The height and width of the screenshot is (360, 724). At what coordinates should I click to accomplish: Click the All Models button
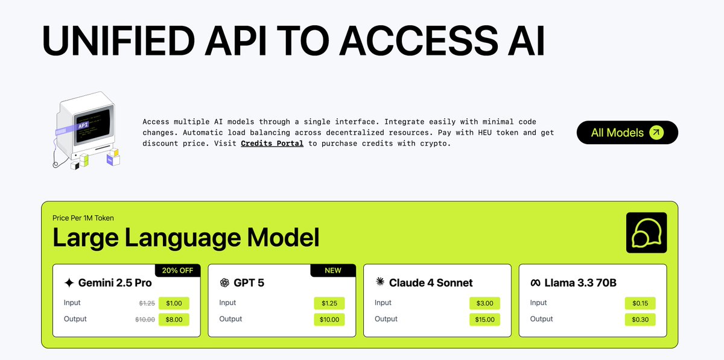tap(627, 133)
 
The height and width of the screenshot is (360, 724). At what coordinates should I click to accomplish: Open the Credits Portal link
tap(272, 144)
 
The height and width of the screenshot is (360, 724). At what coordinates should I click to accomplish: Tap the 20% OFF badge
tap(177, 271)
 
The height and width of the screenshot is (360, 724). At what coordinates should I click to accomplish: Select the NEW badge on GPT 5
tap(333, 271)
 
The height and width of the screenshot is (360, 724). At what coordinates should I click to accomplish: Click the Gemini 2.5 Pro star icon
tap(69, 283)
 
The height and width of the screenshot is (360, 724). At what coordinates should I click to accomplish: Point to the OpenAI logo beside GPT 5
tap(224, 283)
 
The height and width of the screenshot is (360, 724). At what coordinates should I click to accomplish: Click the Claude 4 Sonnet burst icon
tap(379, 282)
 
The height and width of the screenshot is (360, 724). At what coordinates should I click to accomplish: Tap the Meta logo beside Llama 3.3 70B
tap(535, 283)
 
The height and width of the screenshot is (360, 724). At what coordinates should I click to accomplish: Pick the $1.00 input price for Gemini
tap(174, 303)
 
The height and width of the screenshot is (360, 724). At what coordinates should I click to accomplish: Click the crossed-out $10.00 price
tap(145, 320)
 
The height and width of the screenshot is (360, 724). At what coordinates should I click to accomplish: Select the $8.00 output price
tap(174, 320)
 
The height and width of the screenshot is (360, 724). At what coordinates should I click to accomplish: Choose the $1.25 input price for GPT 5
tap(329, 303)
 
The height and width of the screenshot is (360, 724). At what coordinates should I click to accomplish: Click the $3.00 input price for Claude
tap(484, 303)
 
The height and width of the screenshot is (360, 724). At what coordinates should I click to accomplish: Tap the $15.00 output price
tap(484, 320)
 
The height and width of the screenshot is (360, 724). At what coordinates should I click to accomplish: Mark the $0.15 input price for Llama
tap(640, 303)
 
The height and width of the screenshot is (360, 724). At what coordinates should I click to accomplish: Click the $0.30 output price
tap(640, 320)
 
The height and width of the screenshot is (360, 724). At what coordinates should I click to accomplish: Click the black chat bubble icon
tap(646, 232)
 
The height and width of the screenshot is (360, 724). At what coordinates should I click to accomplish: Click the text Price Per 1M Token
tap(83, 218)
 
